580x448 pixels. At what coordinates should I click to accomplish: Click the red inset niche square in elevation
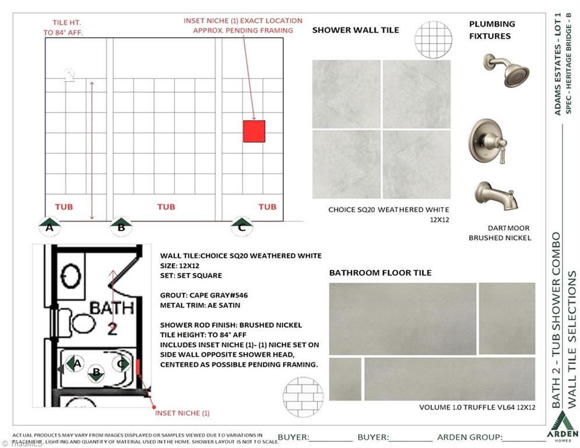(254, 131)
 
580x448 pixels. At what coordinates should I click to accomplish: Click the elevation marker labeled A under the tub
(50, 225)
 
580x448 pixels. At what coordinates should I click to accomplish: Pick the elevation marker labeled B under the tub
(121, 225)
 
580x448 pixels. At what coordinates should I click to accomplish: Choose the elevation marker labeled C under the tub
(242, 225)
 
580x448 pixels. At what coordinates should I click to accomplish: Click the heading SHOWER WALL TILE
(356, 30)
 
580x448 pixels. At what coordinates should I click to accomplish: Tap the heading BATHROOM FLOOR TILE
(380, 272)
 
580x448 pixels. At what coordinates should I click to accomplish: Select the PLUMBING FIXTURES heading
(492, 30)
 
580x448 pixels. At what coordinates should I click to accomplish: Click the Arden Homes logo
(563, 426)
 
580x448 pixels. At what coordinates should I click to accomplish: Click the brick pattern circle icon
(303, 397)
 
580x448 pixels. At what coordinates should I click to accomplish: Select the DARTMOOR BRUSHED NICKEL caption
(500, 233)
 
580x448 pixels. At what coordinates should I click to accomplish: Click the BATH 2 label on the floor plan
(112, 317)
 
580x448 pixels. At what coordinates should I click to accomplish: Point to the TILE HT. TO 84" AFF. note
(64, 27)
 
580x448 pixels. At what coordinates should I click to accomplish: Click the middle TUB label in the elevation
(166, 206)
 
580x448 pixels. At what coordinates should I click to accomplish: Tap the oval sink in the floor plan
(71, 276)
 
